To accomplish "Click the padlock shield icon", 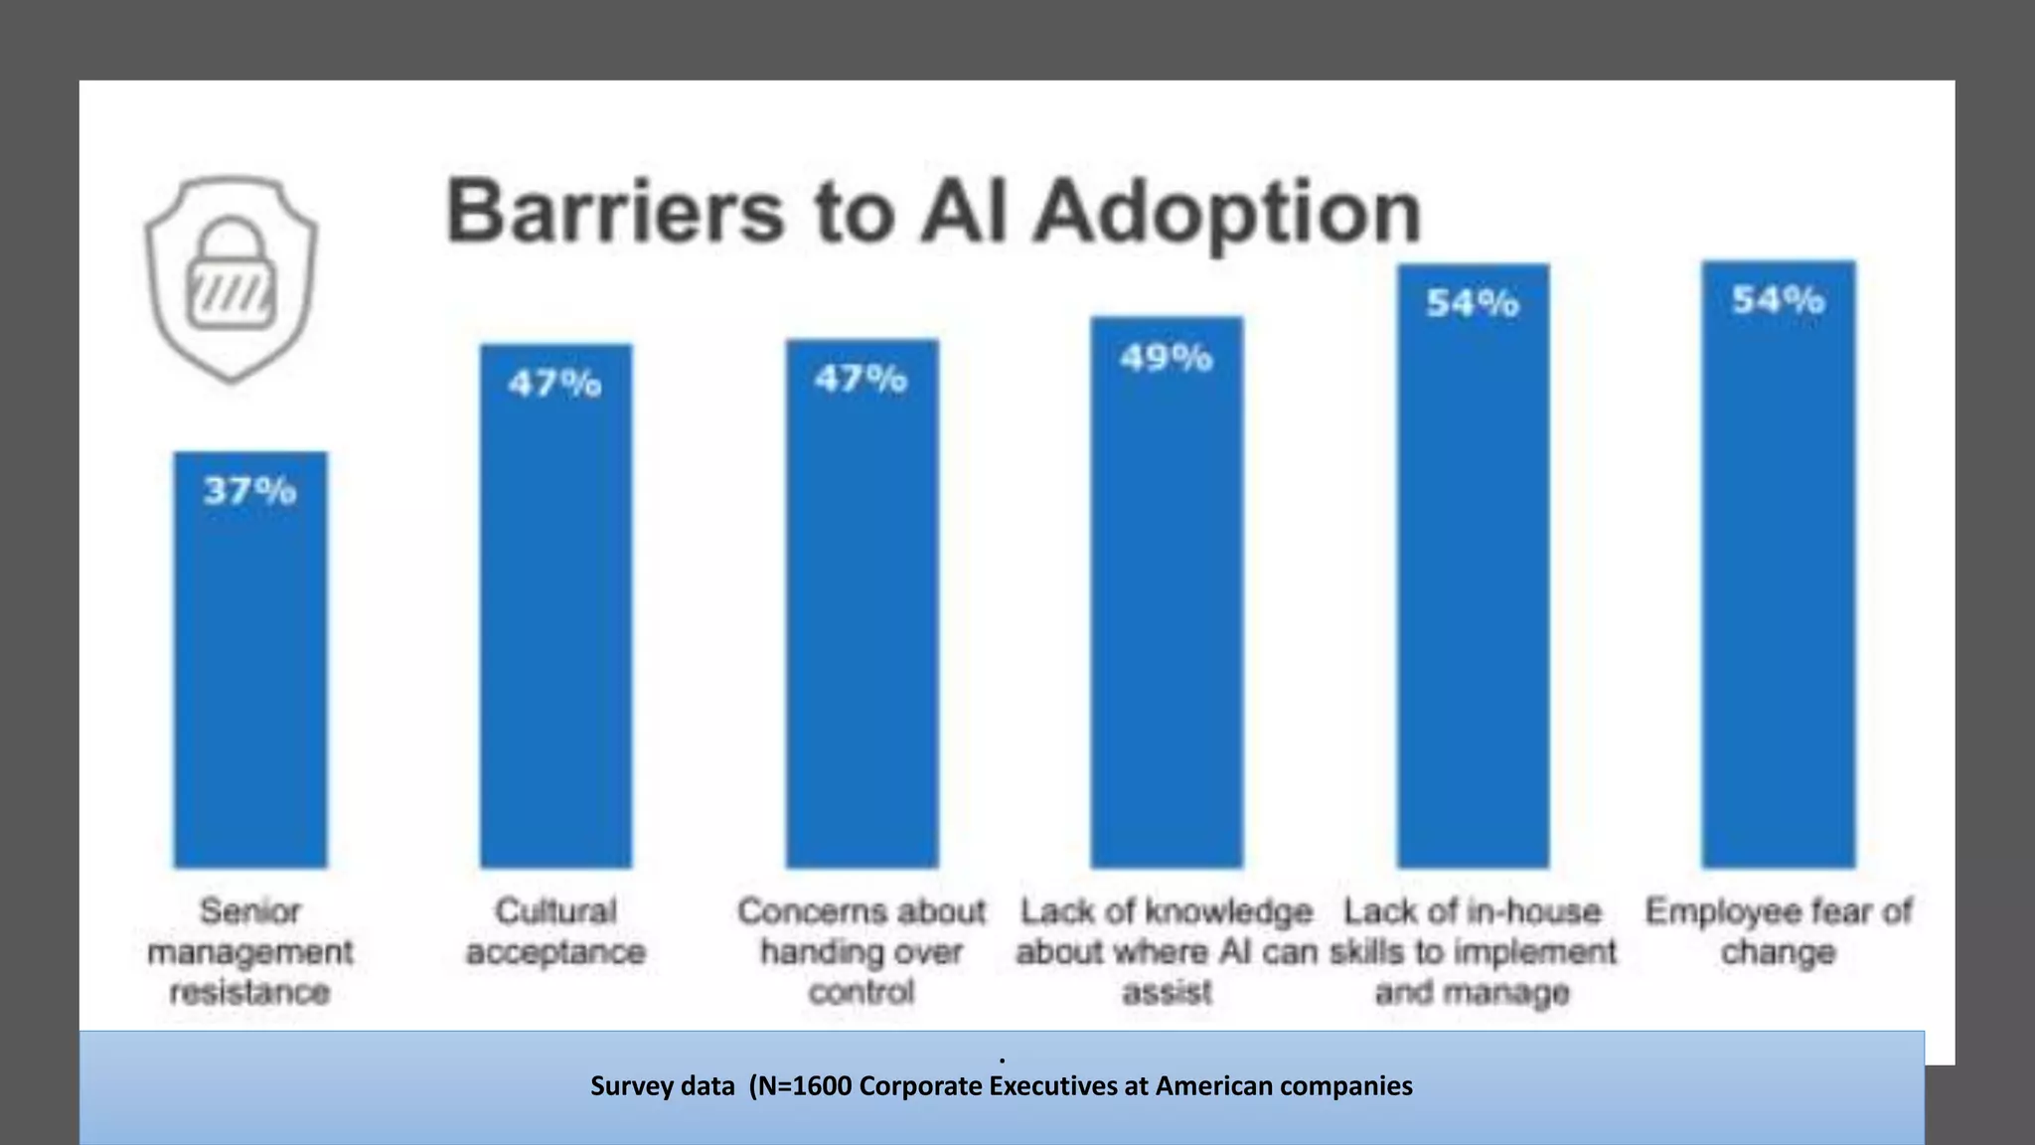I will click(x=232, y=278).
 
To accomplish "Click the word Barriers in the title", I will click(x=614, y=211).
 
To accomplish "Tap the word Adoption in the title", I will click(x=1228, y=213).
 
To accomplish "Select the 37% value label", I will click(x=249, y=490).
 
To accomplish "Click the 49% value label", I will click(x=1167, y=358).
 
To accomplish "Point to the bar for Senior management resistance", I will click(x=250, y=676).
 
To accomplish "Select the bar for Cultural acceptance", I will click(x=555, y=636).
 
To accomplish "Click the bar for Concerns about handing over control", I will click(x=861, y=636).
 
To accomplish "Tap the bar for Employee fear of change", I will click(x=1778, y=596).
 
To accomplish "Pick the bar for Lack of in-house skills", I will click(x=1473, y=596).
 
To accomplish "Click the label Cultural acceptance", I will click(x=555, y=931).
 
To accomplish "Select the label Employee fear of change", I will click(x=1778, y=931).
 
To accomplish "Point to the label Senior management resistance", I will click(x=250, y=951).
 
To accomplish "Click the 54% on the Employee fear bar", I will click(x=1778, y=299).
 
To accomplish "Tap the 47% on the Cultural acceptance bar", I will click(x=555, y=384).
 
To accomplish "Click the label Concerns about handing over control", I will click(x=861, y=951).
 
